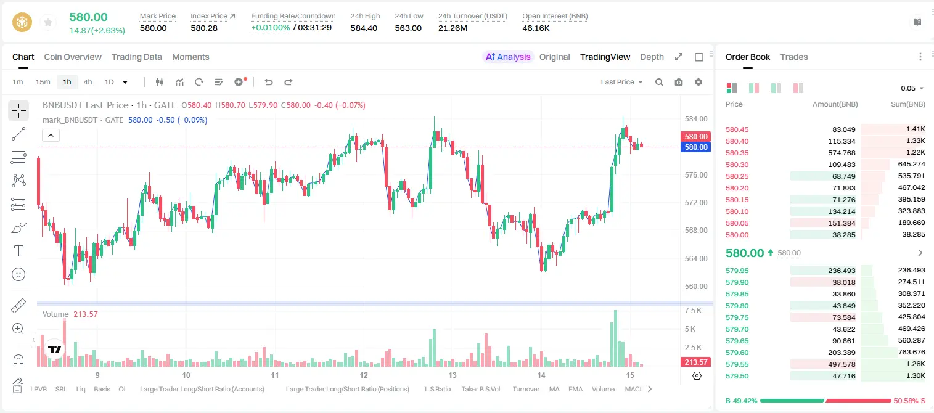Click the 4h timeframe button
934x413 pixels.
(88, 82)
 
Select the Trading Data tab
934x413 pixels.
(137, 57)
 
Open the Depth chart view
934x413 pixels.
(652, 57)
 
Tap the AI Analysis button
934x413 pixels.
(508, 57)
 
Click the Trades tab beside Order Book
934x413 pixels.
(794, 57)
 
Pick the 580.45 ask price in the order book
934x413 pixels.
(737, 129)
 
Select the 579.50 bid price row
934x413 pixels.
(737, 376)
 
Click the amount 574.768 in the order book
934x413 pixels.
(842, 153)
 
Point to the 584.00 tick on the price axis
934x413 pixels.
(696, 119)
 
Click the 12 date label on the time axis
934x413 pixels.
(364, 375)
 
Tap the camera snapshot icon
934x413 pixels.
(679, 82)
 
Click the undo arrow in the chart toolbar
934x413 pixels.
(269, 82)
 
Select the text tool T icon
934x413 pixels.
(18, 251)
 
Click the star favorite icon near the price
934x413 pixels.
(48, 22)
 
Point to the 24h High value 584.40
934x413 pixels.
(364, 28)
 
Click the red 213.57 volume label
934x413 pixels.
(695, 362)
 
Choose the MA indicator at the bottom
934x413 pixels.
(554, 389)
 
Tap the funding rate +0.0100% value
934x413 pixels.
(270, 28)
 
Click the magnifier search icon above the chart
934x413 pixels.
(659, 82)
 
